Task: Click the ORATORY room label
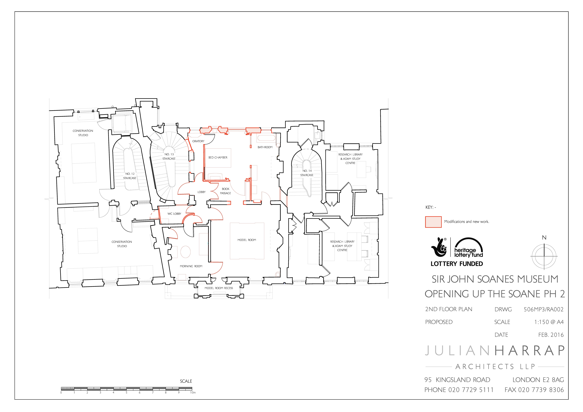point(198,141)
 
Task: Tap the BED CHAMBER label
point(218,157)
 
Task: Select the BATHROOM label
point(265,147)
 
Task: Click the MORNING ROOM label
point(191,266)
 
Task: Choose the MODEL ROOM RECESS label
point(219,288)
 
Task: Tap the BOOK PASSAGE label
point(226,191)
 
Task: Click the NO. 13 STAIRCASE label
point(169,156)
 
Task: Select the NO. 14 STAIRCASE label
point(307,173)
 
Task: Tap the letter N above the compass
point(544,238)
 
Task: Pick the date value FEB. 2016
point(551,335)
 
